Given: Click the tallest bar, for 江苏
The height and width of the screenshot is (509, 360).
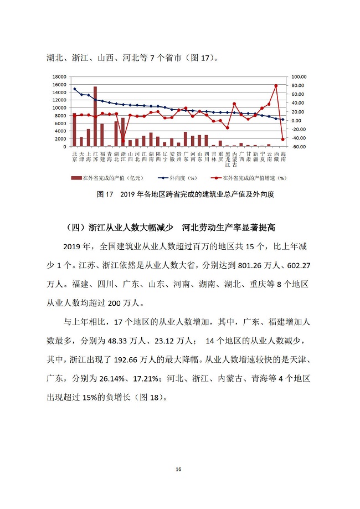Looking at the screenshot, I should [x=95, y=116].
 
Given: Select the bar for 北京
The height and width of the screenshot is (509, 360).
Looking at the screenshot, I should [x=75, y=130].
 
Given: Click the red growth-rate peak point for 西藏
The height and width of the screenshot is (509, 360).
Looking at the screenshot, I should [x=276, y=86].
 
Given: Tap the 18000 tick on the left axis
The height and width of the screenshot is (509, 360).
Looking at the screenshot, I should [x=60, y=77].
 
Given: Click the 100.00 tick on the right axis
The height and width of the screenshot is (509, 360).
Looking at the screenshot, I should [x=299, y=77].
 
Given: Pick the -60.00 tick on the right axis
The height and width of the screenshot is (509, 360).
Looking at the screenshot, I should [x=299, y=147].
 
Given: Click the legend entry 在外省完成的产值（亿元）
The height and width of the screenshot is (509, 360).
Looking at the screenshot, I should [x=108, y=178].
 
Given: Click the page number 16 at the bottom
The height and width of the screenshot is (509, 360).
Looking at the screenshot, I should [x=178, y=469].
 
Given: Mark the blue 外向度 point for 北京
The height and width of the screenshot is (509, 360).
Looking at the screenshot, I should [x=75, y=89].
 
